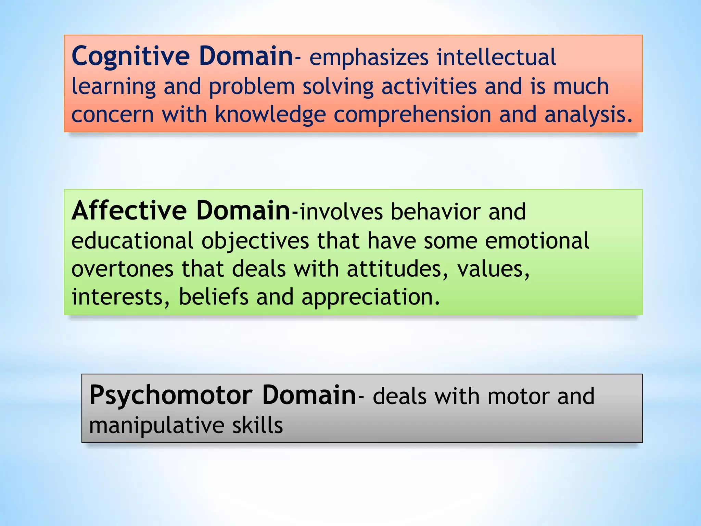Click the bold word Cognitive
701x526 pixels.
(130, 57)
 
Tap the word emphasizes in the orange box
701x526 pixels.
(369, 58)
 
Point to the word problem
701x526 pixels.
(252, 87)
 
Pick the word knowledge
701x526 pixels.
(270, 114)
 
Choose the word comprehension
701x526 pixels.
(412, 115)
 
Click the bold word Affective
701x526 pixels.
(129, 211)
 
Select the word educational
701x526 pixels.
(132, 240)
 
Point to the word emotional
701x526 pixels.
(537, 240)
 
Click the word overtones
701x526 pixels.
(122, 269)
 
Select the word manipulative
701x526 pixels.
(156, 426)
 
